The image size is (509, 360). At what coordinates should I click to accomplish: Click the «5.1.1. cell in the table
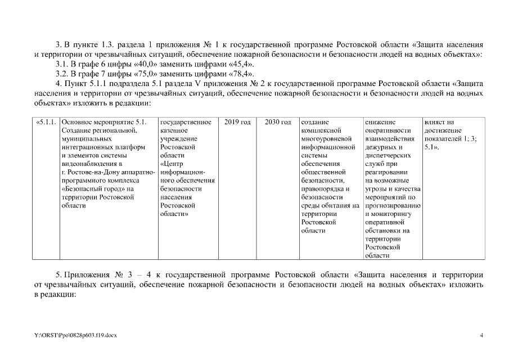point(46,121)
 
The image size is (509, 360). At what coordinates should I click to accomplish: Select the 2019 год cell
point(237,121)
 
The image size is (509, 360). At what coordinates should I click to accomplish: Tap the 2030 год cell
point(277,121)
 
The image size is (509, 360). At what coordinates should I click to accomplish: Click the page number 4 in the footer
point(481,335)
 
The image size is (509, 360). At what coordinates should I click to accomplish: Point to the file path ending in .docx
point(75,335)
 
